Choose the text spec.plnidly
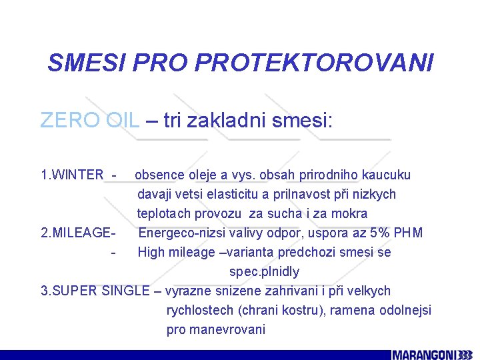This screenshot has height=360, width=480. click(x=264, y=272)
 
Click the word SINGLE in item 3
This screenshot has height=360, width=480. click(x=128, y=291)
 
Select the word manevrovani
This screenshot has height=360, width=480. click(x=229, y=330)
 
